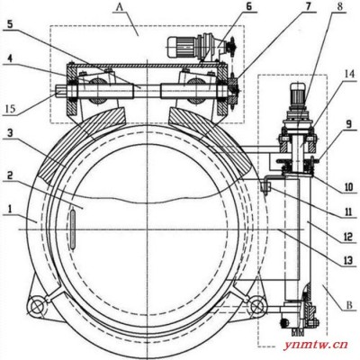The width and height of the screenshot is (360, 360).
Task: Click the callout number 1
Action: click(x=10, y=209)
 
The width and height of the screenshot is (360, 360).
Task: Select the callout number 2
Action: click(x=11, y=175)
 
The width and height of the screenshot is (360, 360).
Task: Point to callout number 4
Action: click(x=10, y=58)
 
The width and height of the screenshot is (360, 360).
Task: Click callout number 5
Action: click(x=10, y=24)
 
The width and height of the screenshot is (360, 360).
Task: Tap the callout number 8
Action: click(x=339, y=6)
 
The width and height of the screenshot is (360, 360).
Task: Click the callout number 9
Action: click(x=347, y=124)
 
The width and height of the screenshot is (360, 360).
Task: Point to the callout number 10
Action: click(x=348, y=186)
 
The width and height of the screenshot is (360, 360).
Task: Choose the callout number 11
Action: click(x=348, y=211)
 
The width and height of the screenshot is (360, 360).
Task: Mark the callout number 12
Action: click(x=348, y=238)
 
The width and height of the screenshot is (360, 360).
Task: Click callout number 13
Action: click(x=348, y=261)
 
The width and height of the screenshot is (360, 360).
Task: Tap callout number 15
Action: click(x=11, y=109)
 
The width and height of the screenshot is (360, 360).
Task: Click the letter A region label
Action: click(x=120, y=8)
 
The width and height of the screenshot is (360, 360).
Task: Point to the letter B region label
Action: click(x=349, y=306)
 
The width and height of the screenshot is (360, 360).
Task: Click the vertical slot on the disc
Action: click(x=72, y=229)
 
